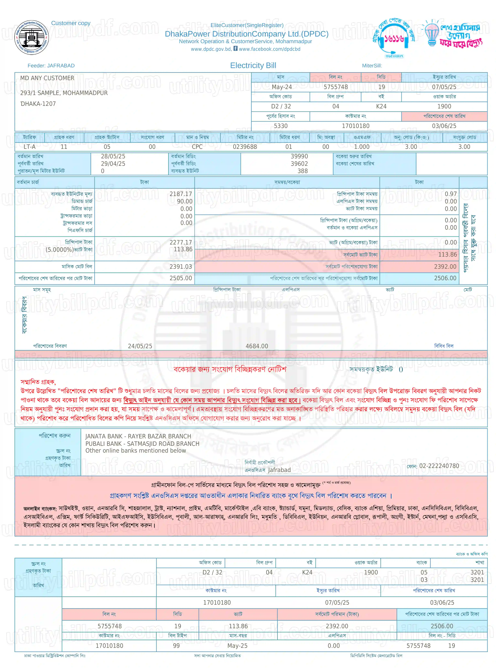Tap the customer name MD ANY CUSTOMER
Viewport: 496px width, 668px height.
47,78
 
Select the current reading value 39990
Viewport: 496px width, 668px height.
299,156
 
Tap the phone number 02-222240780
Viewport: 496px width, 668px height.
439,466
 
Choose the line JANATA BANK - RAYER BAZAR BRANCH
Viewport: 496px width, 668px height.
138,436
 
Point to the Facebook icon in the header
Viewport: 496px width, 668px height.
235,48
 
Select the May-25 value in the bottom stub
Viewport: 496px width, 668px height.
237,646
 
